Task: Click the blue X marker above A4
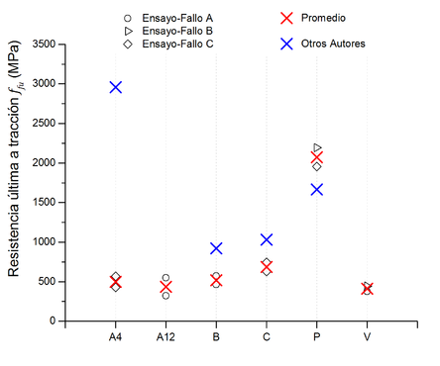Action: pos(116,87)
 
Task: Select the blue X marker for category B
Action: pos(216,248)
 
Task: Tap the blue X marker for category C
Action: pos(267,239)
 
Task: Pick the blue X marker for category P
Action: pos(317,189)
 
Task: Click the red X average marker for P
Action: pos(317,157)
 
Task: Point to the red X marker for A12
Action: pos(165,287)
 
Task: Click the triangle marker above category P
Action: pos(317,148)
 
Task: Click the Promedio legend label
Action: pos(322,18)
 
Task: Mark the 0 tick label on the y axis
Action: pos(52,321)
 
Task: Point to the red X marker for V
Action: pos(367,289)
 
